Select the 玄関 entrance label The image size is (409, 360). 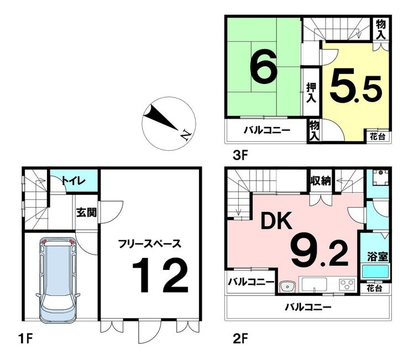(x=86, y=213)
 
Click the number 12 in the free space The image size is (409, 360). (x=160, y=276)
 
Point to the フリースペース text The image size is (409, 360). (x=149, y=244)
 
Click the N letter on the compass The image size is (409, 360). (x=186, y=135)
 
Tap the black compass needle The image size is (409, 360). (x=160, y=117)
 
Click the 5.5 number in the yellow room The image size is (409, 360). (x=356, y=86)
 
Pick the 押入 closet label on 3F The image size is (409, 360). (x=311, y=92)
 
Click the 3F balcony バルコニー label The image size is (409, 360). (x=267, y=130)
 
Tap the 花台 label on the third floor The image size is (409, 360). (x=377, y=136)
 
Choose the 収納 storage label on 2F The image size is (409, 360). (x=321, y=180)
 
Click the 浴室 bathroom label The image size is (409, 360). (x=377, y=257)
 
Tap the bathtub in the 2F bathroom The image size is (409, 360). (x=375, y=272)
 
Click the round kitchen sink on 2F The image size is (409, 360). (x=287, y=287)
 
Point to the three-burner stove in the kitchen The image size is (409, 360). (x=347, y=284)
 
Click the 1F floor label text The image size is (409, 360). (x=25, y=339)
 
